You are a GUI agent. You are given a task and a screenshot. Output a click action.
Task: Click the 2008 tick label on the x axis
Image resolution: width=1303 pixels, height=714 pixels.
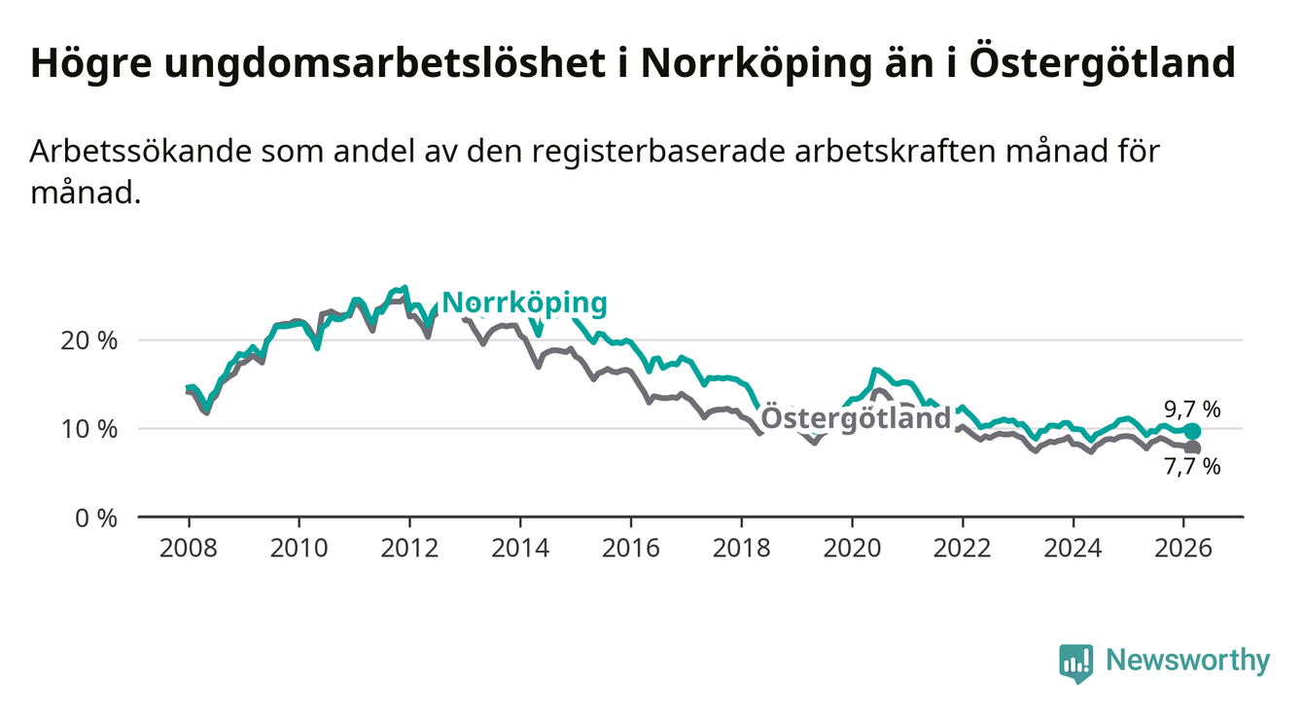coord(188,548)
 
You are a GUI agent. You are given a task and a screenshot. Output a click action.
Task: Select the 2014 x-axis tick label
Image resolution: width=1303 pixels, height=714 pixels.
coord(520,548)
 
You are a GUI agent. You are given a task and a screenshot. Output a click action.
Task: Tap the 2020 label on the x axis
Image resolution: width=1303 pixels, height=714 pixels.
coord(852,548)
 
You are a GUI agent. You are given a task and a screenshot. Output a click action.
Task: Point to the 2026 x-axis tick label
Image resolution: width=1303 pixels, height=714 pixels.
coord(1183,548)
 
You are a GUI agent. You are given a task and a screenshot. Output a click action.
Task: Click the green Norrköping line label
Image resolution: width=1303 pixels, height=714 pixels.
coord(524,303)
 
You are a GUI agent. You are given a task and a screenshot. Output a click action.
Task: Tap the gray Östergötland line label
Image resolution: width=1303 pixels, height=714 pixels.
coord(855,418)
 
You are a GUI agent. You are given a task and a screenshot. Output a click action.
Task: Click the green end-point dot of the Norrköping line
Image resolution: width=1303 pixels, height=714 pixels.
coord(1193,431)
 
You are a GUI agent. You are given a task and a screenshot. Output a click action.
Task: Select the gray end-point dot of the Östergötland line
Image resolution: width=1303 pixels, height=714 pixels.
coord(1193,448)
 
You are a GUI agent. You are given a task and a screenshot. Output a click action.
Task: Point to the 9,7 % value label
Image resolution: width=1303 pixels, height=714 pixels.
coord(1191,410)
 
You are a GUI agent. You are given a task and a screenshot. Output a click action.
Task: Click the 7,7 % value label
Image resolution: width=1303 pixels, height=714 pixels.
coord(1191,468)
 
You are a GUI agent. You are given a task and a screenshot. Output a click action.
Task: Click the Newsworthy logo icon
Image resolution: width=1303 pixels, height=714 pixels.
coord(1075,662)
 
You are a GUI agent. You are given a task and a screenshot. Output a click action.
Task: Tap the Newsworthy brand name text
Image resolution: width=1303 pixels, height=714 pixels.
coord(1188,661)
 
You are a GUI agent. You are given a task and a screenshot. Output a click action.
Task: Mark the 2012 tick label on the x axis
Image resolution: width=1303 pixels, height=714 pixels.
coord(409,548)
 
